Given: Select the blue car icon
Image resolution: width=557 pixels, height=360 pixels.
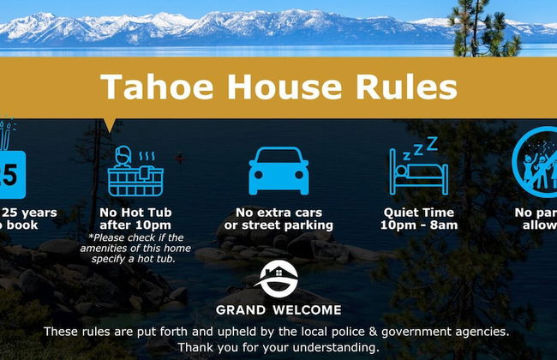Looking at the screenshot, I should click(278, 171).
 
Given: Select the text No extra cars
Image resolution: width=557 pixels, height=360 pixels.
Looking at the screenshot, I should click(278, 213).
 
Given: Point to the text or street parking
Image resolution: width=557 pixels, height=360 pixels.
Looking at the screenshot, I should click(278, 225).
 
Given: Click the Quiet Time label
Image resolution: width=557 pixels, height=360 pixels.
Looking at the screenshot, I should click(419, 213).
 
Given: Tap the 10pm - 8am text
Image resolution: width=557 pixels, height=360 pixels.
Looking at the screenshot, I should click(419, 225).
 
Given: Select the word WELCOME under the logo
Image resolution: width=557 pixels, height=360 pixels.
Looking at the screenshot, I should click(306, 310).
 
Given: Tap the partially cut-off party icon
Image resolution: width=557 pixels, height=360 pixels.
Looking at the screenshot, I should click(536, 163).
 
